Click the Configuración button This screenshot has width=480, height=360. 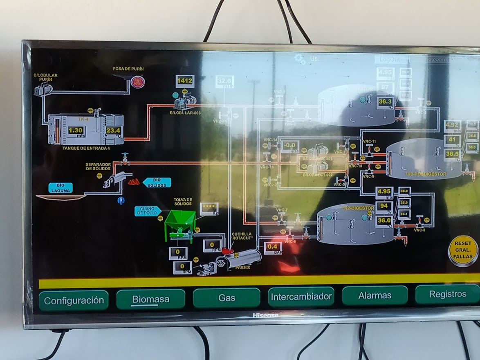tap(74, 301)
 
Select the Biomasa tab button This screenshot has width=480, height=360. tap(150, 299)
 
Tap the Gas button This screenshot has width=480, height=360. tap(227, 298)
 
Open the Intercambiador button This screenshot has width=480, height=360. tap(301, 297)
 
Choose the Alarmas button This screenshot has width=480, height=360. tap(375, 295)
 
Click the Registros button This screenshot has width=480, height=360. tap(447, 294)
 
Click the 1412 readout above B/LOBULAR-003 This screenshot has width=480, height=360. tap(185, 81)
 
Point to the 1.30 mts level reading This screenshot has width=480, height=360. tap(76, 130)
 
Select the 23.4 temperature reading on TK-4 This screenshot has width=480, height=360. tap(113, 130)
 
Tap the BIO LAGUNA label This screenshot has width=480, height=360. tap(61, 188)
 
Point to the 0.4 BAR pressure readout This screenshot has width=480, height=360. tap(273, 248)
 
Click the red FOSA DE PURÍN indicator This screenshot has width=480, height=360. tap(138, 82)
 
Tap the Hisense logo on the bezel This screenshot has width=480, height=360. tap(265, 315)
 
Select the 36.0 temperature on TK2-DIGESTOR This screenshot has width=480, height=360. tap(384, 220)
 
